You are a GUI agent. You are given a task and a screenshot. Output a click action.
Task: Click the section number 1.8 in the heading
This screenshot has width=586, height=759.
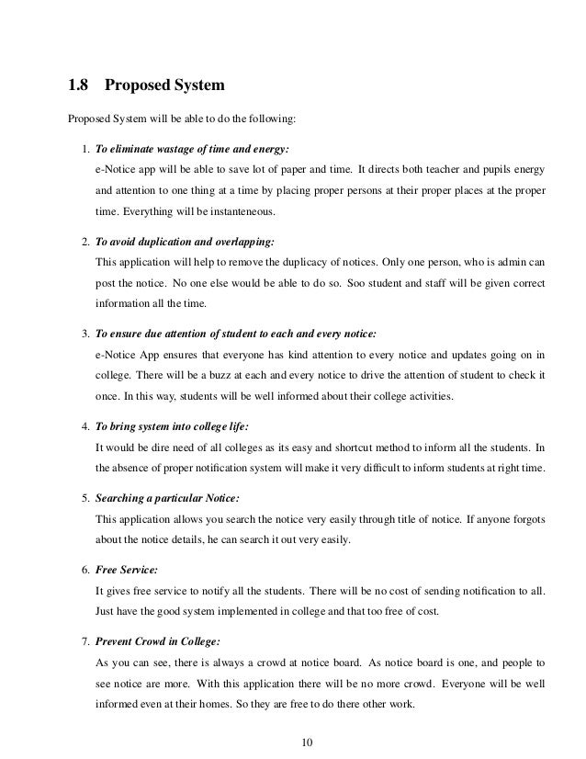pos(79,87)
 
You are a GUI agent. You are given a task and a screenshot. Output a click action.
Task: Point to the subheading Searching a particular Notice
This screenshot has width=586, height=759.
pos(167,497)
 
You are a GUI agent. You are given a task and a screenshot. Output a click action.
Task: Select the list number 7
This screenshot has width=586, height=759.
pos(85,639)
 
